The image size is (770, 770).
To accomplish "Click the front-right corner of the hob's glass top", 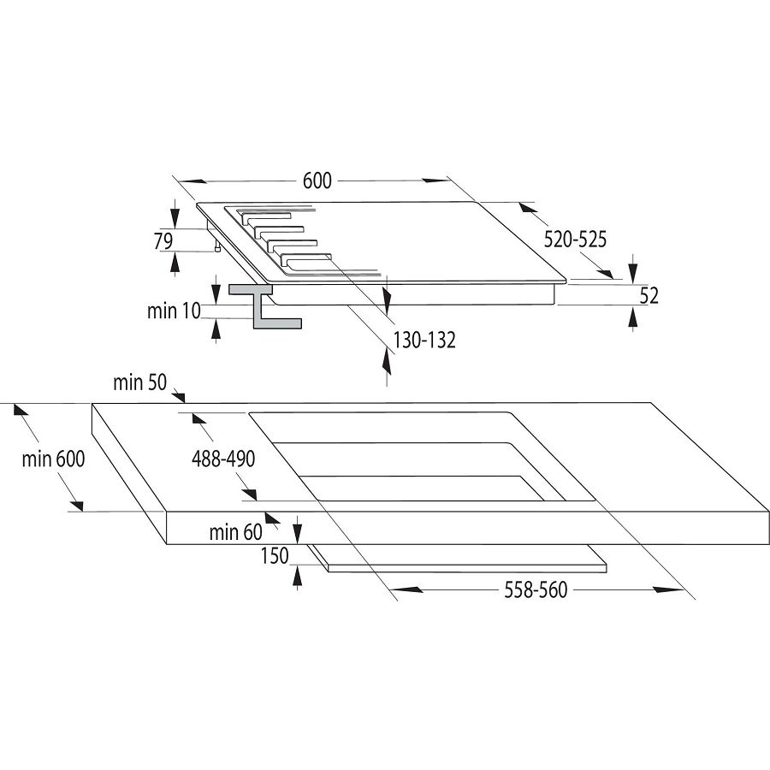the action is coord(566,281).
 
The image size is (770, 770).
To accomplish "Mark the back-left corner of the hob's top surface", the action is coord(196,203).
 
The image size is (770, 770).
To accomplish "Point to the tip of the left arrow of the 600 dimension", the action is coord(180,181).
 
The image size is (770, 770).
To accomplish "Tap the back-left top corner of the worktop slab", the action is coord(92,403).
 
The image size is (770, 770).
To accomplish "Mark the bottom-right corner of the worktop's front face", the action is coord(769,544).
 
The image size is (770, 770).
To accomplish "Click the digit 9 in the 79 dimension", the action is coord(168,241).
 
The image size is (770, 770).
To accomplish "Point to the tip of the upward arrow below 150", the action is coord(297,566).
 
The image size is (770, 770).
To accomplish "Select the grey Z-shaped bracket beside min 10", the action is coord(265,306).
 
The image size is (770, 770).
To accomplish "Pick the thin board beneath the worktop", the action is coord(458,559).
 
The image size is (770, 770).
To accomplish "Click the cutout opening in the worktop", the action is coord(423,457).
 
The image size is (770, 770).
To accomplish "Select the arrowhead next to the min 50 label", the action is coord(179,396).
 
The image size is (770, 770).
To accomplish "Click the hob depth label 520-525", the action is coord(575,240).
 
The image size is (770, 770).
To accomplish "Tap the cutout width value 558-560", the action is coord(536,589).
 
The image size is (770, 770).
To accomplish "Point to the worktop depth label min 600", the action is coord(54,459).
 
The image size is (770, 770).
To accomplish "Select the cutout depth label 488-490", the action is coord(223,459).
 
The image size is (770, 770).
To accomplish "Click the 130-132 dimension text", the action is coord(424,340).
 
